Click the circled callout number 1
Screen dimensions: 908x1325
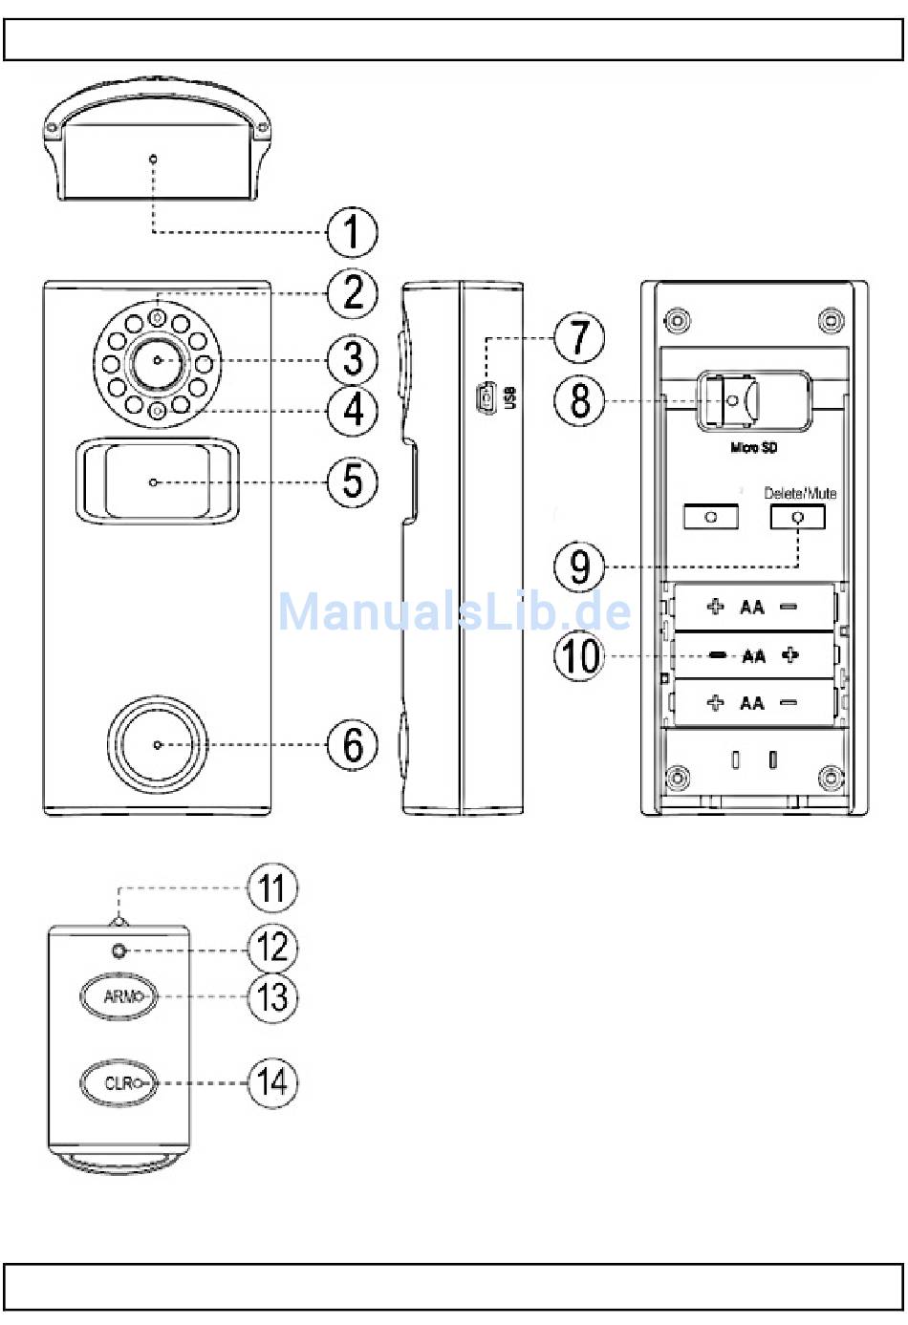coord(352,232)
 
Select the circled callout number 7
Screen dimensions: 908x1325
coord(579,338)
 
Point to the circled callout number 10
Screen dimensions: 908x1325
coord(579,655)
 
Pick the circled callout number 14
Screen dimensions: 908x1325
coord(272,1083)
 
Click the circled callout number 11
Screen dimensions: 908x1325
coord(272,888)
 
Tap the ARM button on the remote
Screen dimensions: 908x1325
coord(119,996)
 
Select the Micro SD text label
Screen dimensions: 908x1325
coord(753,448)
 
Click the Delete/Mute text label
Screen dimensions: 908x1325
coord(800,493)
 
